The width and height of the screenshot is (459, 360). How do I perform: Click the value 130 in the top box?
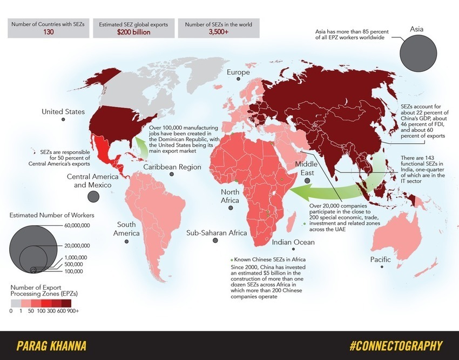pyautogui.click(x=46, y=32)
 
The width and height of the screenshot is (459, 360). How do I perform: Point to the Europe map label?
pyautogui.click(x=238, y=72)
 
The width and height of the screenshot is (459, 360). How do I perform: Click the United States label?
pyautogui.click(x=63, y=112)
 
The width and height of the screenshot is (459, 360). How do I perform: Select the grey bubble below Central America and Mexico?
pyautogui.click(x=93, y=196)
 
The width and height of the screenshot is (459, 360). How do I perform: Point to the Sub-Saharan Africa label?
pyautogui.click(x=217, y=233)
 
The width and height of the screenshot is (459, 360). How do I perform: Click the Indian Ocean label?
pyautogui.click(x=293, y=242)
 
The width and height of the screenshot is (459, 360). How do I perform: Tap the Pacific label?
pyautogui.click(x=380, y=260)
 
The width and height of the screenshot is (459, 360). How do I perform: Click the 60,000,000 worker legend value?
pyautogui.click(x=77, y=225)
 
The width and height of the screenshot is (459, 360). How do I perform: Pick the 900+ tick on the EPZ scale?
pyautogui.click(x=73, y=311)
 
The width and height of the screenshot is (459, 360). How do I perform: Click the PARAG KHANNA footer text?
pyautogui.click(x=51, y=345)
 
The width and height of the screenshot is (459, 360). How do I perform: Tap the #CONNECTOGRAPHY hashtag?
pyautogui.click(x=396, y=345)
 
